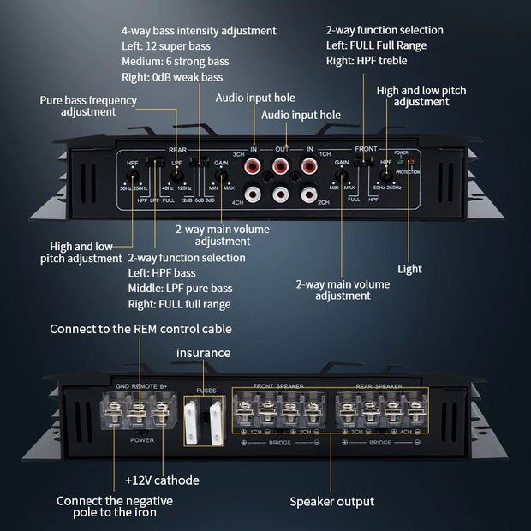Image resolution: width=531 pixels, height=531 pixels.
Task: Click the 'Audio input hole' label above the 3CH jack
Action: pos(254,98)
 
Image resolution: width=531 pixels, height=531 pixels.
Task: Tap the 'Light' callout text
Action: pos(409,269)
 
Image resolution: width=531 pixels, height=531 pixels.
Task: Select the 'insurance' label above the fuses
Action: pos(203,352)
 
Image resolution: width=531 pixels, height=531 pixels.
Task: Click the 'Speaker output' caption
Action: pos(331,501)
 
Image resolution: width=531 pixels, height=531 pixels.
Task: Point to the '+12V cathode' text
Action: pos(161,480)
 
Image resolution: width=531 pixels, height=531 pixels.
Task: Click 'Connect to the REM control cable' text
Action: pos(140,329)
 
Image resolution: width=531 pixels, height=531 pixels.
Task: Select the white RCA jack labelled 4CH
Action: pos(254,194)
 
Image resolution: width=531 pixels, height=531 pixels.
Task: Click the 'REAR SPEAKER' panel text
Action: pos(379,386)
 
